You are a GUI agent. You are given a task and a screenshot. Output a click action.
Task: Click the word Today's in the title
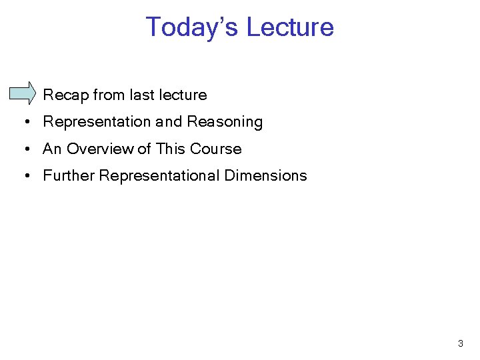tap(192, 27)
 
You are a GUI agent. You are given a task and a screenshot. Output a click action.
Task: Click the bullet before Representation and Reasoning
tap(23, 122)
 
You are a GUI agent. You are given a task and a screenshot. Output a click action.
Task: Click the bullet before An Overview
tap(23, 149)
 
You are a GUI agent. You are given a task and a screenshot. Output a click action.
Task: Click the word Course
tap(215, 149)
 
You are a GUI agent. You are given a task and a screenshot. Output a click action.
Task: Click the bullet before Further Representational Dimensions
tap(23, 176)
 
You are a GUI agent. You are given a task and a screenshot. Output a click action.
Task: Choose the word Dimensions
tap(265, 176)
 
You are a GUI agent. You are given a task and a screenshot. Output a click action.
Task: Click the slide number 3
tap(460, 344)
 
